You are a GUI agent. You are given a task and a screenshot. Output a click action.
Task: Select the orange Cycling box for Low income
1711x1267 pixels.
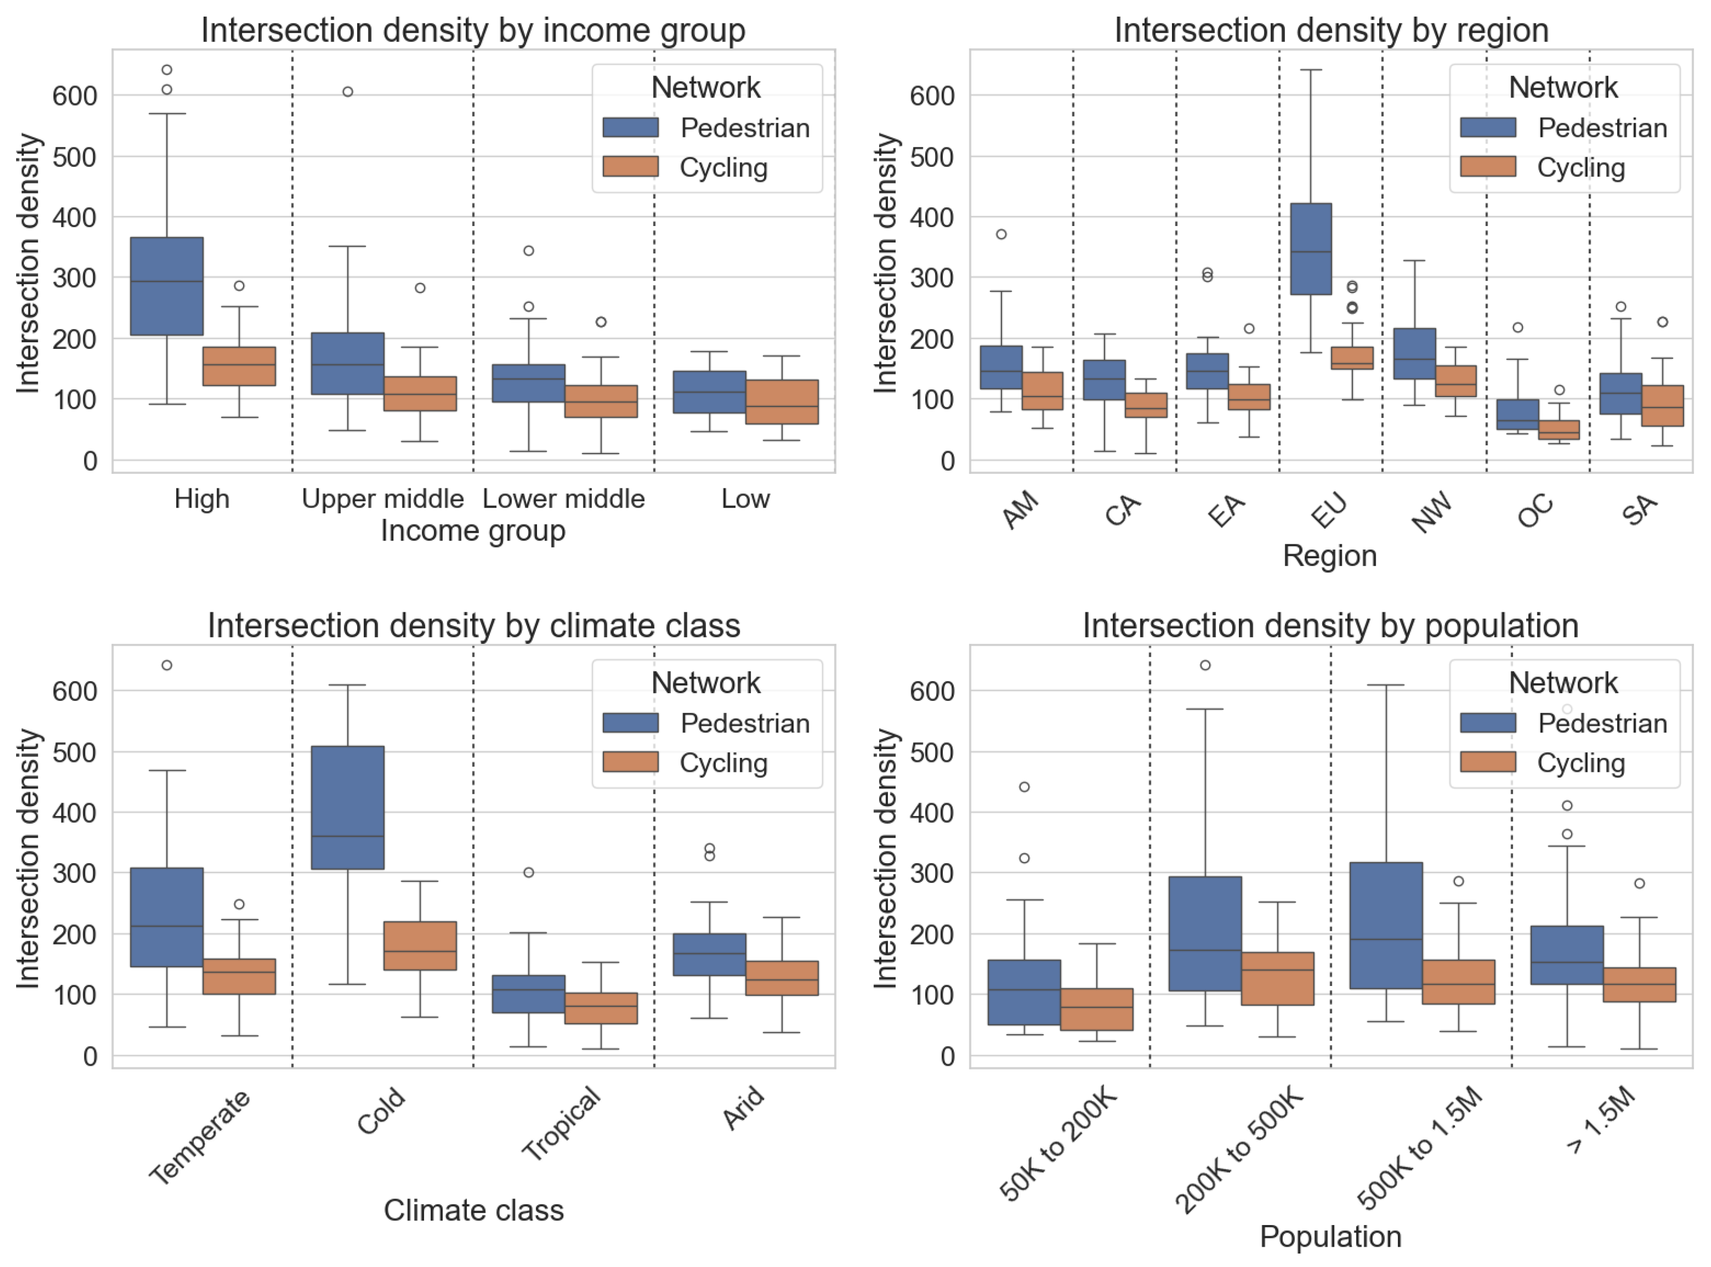tap(782, 401)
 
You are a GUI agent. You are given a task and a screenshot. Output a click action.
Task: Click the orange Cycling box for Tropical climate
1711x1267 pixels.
tap(601, 1008)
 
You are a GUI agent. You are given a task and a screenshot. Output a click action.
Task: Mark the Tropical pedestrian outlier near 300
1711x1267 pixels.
tap(528, 872)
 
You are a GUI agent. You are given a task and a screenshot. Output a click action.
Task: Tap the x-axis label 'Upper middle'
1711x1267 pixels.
tap(383, 499)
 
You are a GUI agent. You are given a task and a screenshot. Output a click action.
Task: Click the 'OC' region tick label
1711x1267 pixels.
tap(1535, 512)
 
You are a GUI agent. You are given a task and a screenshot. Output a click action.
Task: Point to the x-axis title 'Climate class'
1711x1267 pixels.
tap(473, 1210)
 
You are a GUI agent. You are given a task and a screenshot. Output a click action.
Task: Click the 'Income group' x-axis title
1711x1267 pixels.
tap(473, 531)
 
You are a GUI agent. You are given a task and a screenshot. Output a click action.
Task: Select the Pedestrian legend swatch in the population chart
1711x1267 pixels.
tap(1487, 723)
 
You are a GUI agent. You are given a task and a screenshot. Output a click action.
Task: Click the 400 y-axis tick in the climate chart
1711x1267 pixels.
tap(75, 812)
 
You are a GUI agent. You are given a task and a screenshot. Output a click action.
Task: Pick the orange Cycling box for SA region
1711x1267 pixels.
tap(1662, 406)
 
